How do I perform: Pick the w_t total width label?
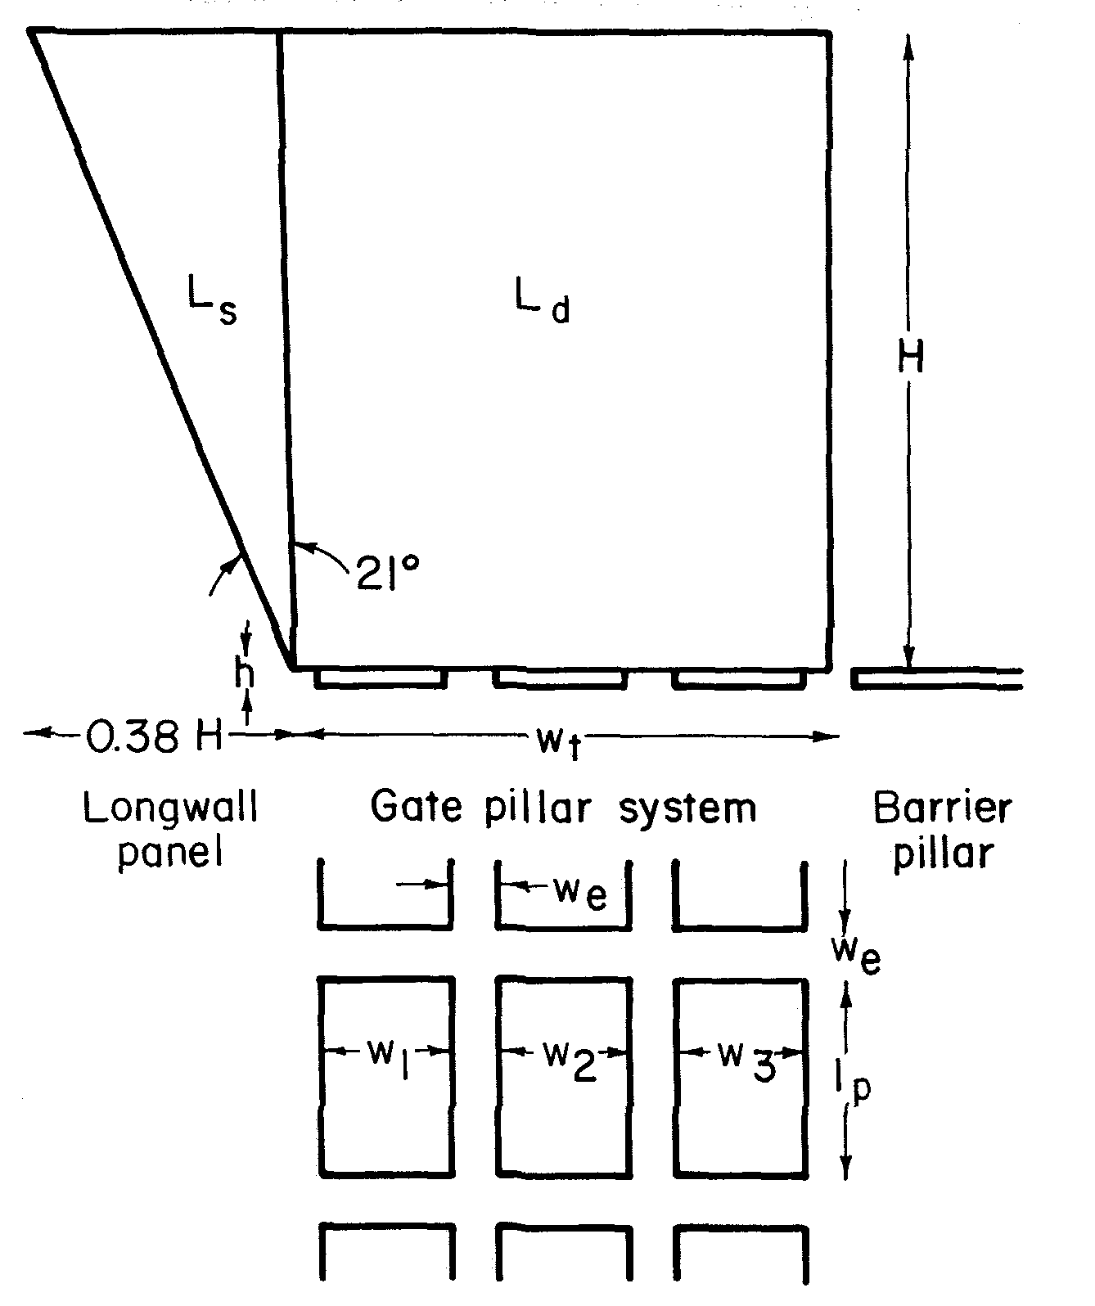coord(557,740)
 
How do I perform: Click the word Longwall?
coord(170,809)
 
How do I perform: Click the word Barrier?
coord(942,808)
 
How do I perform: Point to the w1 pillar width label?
coord(390,1056)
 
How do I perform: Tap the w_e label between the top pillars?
coord(580,893)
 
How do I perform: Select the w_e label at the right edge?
coord(854,952)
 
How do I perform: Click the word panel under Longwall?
coord(170,853)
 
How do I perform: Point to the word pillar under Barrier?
coord(943,853)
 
